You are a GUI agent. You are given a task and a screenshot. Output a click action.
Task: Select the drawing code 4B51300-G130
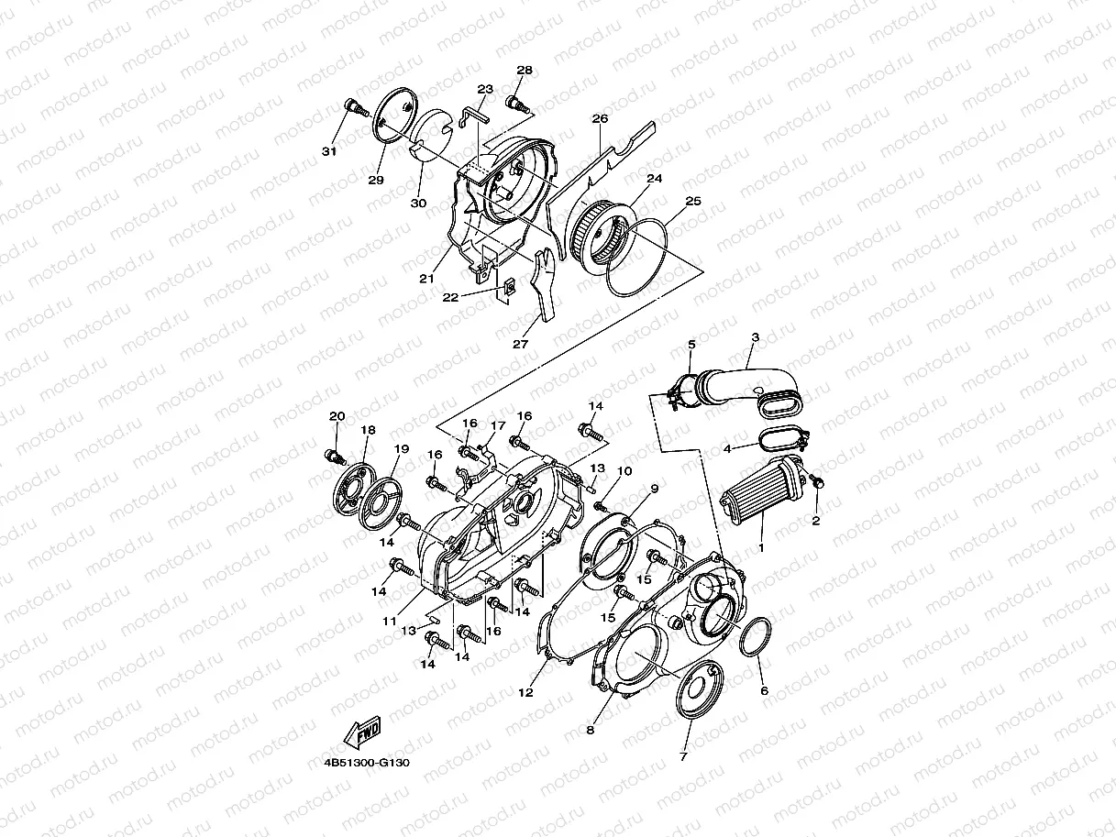coord(366,762)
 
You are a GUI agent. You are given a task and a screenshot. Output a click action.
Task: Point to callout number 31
coord(328,150)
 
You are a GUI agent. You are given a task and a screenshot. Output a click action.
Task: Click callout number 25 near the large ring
coord(692,200)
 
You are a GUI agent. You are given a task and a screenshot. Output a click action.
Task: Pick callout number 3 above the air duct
coord(754,337)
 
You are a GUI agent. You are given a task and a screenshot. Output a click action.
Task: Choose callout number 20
coord(337,416)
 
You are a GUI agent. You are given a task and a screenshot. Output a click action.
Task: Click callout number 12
coord(525,693)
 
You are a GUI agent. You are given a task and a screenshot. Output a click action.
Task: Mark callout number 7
coord(682,757)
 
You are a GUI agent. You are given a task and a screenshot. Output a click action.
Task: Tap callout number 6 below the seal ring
coord(763,691)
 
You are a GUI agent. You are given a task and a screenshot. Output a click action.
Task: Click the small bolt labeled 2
coord(820,480)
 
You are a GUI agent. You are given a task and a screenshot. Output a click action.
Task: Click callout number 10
coord(624,471)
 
